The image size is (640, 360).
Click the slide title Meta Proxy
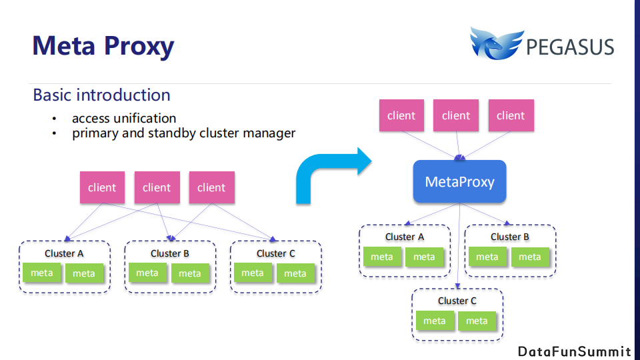[x=103, y=45]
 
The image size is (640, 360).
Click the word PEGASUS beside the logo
[x=569, y=47]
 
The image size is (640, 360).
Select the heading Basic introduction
[x=101, y=95]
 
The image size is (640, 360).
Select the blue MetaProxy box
[x=459, y=181]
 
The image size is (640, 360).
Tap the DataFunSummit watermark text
[x=574, y=351]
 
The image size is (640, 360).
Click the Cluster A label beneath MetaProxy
[x=404, y=237]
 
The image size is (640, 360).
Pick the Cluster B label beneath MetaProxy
[x=509, y=237]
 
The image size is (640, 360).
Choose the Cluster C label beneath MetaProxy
[x=457, y=301]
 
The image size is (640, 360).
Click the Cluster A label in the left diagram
[x=64, y=253]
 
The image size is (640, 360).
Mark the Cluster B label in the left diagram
[x=169, y=253]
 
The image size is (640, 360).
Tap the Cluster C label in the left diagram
[x=275, y=253]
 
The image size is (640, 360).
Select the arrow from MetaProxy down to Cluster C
[x=459, y=247]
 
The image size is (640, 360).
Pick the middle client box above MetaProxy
[x=456, y=115]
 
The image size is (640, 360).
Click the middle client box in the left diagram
[x=157, y=187]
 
